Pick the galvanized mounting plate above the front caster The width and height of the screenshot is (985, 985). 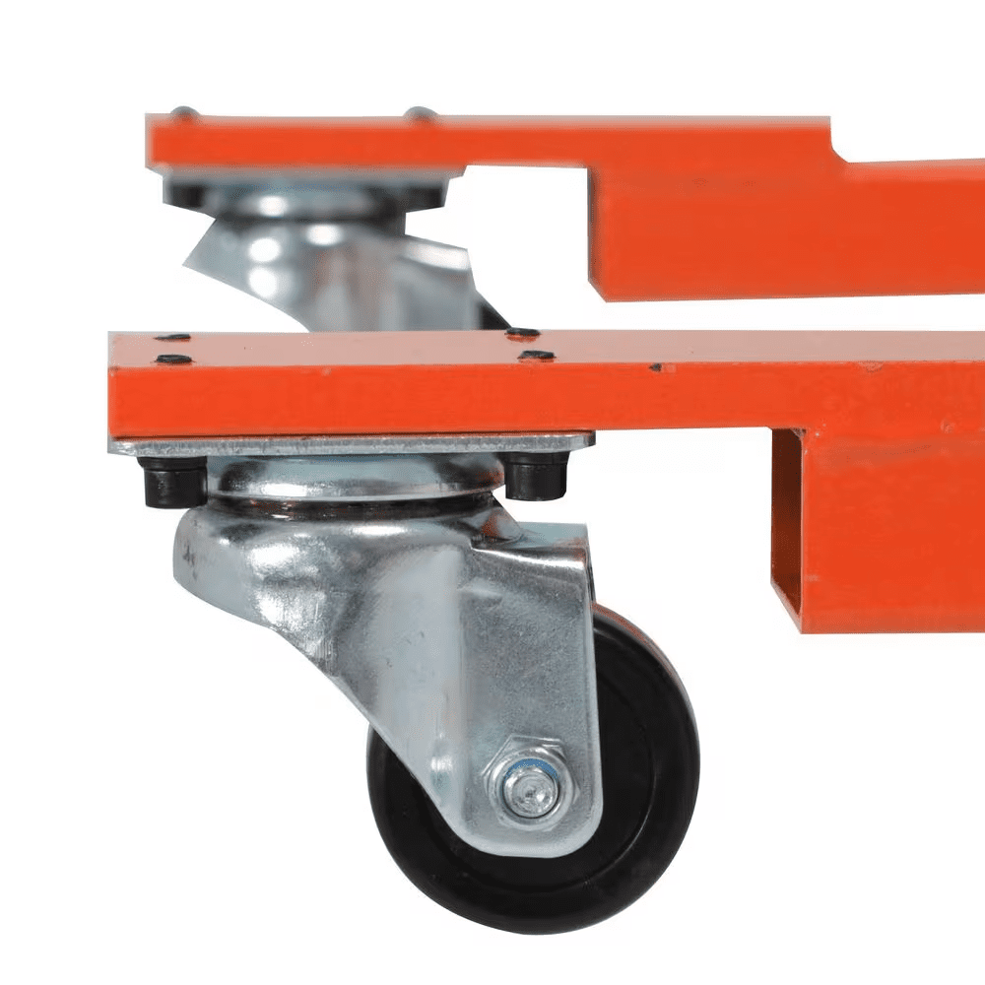355,444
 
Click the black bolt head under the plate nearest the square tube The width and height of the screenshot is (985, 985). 537,475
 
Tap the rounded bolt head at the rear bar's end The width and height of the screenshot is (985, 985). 181,114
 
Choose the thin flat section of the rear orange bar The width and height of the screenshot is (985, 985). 492,143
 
